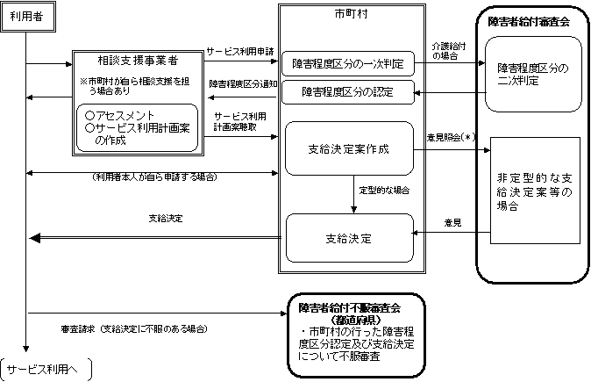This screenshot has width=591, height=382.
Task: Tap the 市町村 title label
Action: (x=348, y=14)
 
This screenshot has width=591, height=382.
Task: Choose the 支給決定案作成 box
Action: (x=348, y=148)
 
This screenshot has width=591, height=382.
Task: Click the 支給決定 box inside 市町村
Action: (x=348, y=237)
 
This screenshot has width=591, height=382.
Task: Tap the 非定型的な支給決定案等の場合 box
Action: (x=533, y=191)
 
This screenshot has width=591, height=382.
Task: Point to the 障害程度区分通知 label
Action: (x=243, y=83)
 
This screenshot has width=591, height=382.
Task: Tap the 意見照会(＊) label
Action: (x=449, y=137)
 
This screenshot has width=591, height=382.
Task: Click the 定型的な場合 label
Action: (x=384, y=190)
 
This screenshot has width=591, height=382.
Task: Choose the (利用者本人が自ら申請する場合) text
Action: (x=154, y=177)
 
